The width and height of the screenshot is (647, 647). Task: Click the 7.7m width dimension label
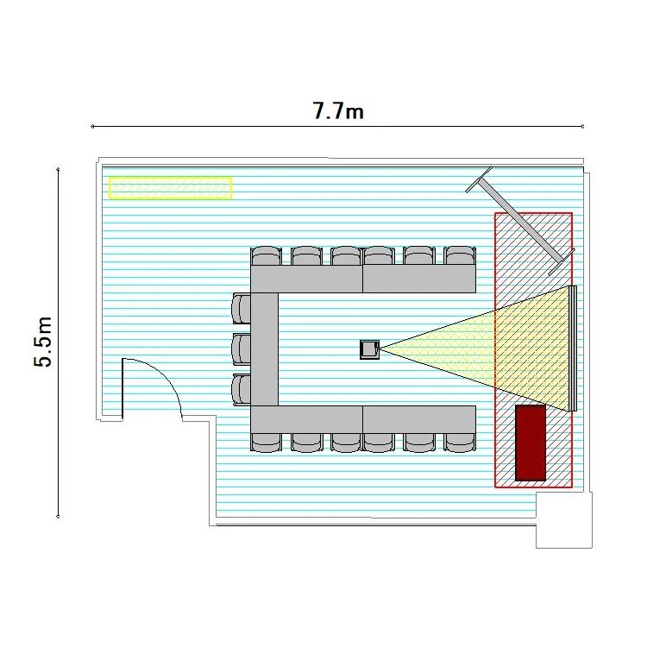[338, 111]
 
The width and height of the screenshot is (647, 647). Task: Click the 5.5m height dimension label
[44, 342]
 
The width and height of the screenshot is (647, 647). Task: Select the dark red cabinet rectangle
[531, 443]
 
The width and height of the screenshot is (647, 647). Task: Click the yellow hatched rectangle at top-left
[170, 187]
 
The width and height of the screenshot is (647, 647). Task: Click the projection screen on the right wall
[572, 349]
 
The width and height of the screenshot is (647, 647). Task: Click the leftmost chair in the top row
[266, 255]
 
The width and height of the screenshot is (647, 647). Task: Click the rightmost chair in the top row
[461, 255]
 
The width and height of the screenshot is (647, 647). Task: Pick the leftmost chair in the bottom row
[266, 443]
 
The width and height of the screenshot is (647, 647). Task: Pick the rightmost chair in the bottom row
[461, 443]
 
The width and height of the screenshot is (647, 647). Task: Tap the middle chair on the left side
[242, 349]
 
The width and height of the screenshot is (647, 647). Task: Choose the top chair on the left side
[242, 307]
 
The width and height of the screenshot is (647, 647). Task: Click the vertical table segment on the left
[264, 349]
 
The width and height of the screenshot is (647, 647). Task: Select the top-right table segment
[419, 279]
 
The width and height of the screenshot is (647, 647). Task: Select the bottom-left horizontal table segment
[306, 419]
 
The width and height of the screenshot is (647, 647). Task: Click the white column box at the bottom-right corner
[563, 520]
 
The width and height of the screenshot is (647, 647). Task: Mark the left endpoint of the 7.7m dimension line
[92, 127]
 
